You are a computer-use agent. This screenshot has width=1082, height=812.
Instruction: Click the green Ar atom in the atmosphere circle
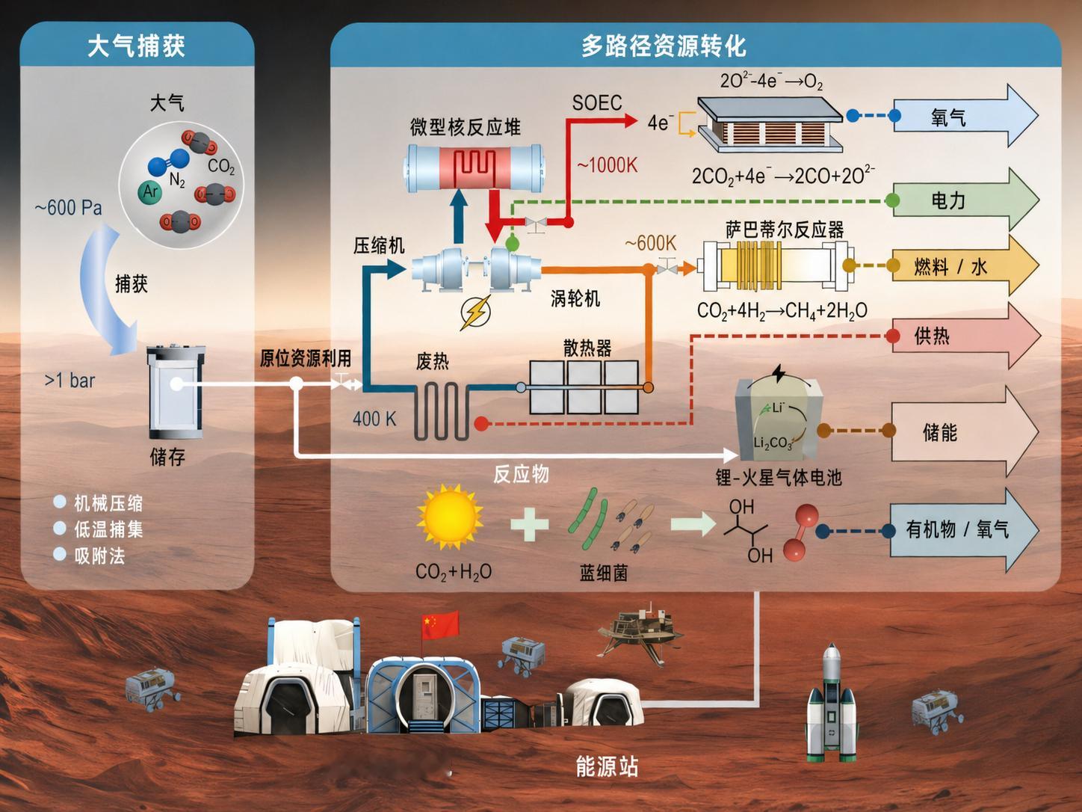pyautogui.click(x=149, y=191)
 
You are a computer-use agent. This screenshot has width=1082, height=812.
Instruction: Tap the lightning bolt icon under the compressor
pyautogui.click(x=475, y=312)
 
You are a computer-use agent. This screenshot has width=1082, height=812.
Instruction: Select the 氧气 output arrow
pyautogui.click(x=964, y=116)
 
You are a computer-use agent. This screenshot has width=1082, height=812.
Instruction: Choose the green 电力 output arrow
pyautogui.click(x=964, y=200)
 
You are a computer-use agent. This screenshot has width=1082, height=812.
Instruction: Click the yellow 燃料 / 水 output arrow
pyautogui.click(x=964, y=266)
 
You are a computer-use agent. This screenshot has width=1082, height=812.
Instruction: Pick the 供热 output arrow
pyautogui.click(x=964, y=336)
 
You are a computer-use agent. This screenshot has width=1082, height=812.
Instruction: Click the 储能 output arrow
pyautogui.click(x=964, y=431)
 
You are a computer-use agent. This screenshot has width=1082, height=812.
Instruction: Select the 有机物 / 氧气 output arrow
pyautogui.click(x=964, y=529)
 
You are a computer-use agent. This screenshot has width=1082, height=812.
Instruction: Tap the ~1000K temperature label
pyautogui.click(x=607, y=165)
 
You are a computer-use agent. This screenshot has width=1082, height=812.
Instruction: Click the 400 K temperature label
pyautogui.click(x=374, y=419)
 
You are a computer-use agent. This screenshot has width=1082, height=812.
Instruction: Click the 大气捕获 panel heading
pyautogui.click(x=136, y=46)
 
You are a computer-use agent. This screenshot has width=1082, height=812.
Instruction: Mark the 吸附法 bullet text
pyautogui.click(x=99, y=556)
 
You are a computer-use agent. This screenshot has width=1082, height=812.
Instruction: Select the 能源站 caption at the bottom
pyautogui.click(x=607, y=766)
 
